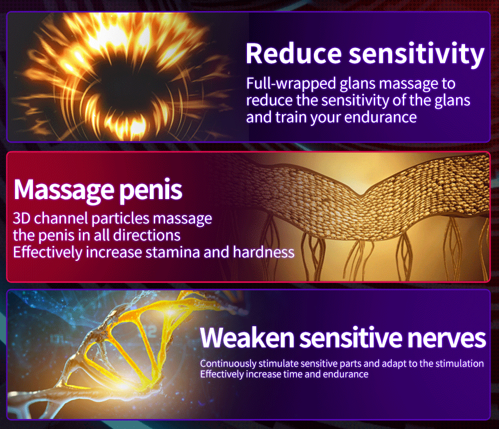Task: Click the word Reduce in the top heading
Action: [x=293, y=53]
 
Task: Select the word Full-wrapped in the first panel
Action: [x=291, y=84]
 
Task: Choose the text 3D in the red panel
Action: [x=21, y=218]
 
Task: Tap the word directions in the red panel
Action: [x=147, y=235]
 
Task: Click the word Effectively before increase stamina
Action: [x=47, y=252]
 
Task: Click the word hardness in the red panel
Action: [x=264, y=252]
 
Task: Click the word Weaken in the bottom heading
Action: [x=247, y=338]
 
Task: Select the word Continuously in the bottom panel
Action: [x=228, y=364]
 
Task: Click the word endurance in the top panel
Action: [x=381, y=117]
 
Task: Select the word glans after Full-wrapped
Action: [x=358, y=84]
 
